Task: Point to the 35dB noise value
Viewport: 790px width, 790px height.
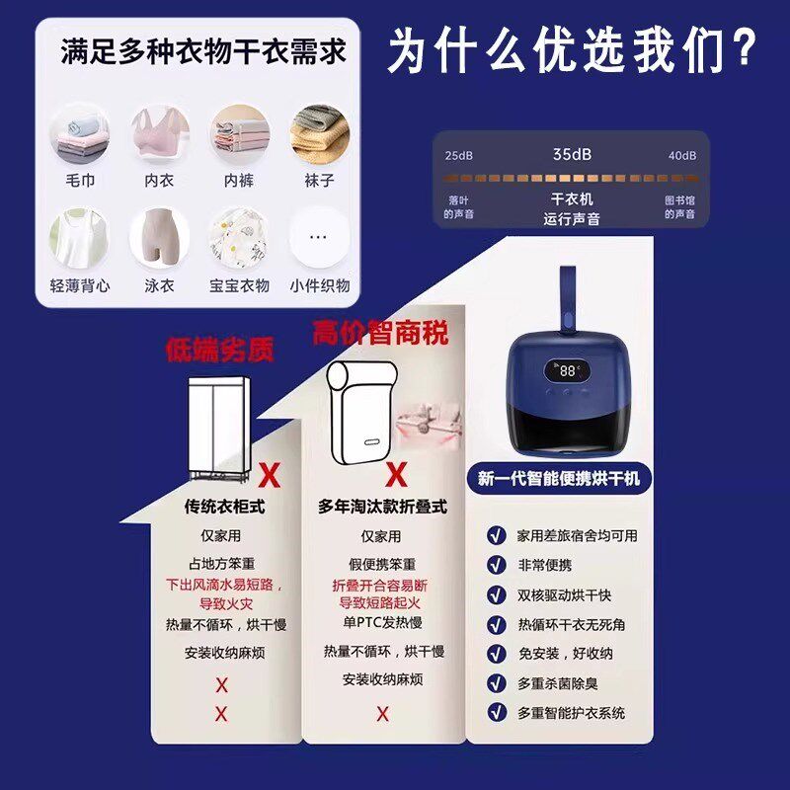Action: click(x=572, y=155)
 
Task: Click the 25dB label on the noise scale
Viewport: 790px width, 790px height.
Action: click(x=459, y=156)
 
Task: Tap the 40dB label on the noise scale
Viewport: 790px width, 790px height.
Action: click(x=681, y=156)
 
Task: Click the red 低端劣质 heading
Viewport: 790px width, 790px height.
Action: click(x=219, y=350)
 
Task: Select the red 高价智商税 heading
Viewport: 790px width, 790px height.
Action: click(x=380, y=333)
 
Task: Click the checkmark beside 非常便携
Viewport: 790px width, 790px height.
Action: click(x=496, y=565)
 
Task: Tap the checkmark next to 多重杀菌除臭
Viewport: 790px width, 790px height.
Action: click(x=496, y=682)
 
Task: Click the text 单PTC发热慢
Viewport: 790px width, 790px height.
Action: click(x=381, y=621)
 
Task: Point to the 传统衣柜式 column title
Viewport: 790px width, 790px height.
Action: click(x=225, y=507)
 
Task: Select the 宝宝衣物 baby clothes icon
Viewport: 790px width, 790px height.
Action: click(x=238, y=238)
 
